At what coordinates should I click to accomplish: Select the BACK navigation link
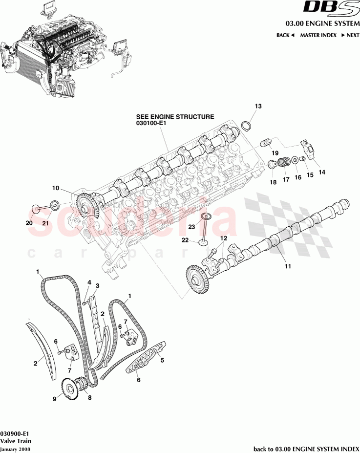[285, 35]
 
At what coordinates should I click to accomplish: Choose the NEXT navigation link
[350, 35]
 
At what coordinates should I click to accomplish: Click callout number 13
[258, 106]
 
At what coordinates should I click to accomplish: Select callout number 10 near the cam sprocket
[55, 188]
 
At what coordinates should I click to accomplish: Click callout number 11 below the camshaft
[288, 266]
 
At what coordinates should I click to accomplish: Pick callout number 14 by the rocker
[322, 172]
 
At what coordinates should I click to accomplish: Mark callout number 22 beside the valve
[185, 240]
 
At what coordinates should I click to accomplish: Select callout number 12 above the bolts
[224, 238]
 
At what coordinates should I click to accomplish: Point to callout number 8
[89, 398]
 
